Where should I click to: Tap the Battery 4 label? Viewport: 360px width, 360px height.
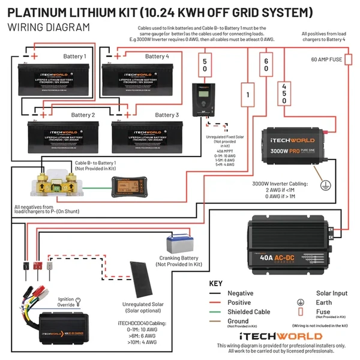(157, 56)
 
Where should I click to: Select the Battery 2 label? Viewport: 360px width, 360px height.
(83, 115)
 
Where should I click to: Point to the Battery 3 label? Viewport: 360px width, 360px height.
(167, 115)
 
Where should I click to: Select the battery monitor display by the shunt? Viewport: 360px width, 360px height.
(125, 185)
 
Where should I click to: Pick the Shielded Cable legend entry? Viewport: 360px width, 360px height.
(249, 312)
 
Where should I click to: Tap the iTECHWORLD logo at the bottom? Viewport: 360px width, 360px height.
(281, 337)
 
